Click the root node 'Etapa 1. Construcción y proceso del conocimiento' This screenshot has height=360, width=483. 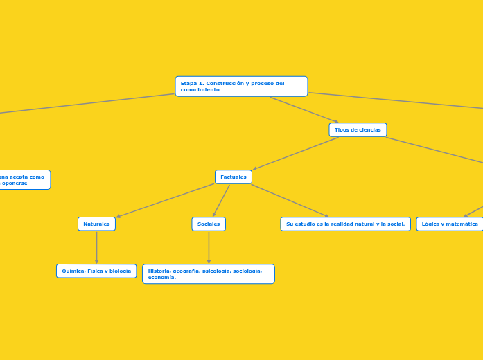[241, 87]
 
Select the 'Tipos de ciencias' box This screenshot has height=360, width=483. [358, 130]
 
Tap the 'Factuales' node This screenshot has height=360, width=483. [234, 177]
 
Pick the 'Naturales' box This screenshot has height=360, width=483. [96, 224]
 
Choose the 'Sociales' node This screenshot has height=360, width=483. [209, 224]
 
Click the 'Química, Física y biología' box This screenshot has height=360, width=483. [96, 271]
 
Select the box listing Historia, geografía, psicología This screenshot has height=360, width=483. [209, 274]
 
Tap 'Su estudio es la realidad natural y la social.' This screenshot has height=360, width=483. [345, 224]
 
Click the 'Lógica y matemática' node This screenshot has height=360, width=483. [450, 224]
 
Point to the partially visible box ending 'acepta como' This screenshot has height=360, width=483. [24, 179]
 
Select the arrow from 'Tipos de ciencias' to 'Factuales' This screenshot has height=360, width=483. [296, 153]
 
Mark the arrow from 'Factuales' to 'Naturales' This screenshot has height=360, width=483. [166, 200]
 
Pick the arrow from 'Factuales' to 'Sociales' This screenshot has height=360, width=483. [221, 201]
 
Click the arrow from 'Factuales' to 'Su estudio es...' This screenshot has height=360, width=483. [289, 200]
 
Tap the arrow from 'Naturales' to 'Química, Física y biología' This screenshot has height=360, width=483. [96, 247]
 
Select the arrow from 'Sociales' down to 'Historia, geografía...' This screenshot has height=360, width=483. [209, 248]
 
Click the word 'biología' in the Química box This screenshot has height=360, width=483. [119, 271]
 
